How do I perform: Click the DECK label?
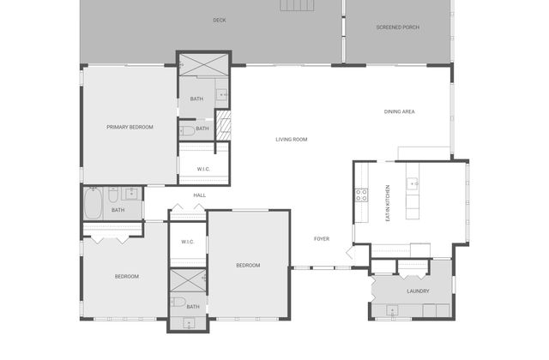point(220,21)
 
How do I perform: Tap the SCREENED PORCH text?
point(398,27)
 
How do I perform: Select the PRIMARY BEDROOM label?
point(130,128)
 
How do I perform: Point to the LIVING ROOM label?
point(292,140)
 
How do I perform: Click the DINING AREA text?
point(400,112)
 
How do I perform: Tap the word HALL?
point(200,195)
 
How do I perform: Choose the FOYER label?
point(322,239)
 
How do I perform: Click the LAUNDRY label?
point(418,291)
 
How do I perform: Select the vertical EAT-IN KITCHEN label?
point(388,203)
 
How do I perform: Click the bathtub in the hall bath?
point(94,203)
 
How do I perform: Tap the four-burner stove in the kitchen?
point(362,195)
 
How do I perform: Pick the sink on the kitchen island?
point(413,184)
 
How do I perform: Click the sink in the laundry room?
point(392,310)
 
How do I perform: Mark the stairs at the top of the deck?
point(297,5)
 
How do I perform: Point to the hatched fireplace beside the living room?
point(223,126)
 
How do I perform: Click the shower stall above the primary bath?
point(203,65)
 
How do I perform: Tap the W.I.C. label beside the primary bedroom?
point(203,170)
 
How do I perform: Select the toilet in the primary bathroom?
point(187,131)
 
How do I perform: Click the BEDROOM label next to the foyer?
point(248,266)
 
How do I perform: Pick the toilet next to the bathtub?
point(113,195)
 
